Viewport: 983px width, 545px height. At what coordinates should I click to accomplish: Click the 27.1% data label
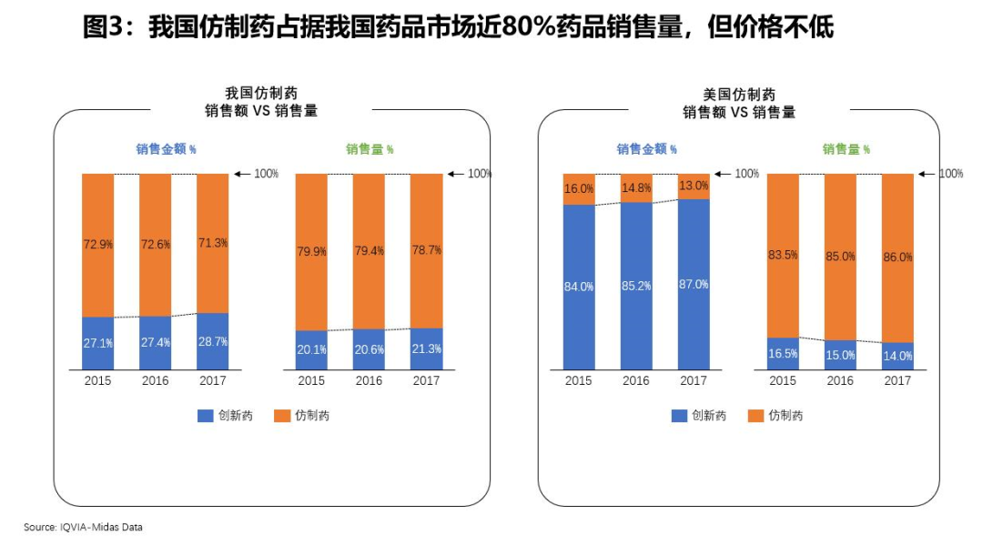point(98,343)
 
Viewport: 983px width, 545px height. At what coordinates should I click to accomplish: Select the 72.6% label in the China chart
point(156,244)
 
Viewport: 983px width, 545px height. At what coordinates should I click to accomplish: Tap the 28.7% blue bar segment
point(213,342)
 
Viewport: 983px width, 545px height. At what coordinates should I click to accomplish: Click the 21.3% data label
point(426,349)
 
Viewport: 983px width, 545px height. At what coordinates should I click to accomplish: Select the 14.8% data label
point(636,188)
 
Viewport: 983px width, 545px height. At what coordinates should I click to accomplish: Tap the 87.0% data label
point(694,285)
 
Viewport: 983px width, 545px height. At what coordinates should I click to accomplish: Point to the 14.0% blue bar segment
point(897,356)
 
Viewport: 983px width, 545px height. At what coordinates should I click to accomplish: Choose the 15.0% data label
point(840,355)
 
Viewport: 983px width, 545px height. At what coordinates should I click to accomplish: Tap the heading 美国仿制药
point(739,94)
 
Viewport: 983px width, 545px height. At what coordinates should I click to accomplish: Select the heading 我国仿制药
point(260,94)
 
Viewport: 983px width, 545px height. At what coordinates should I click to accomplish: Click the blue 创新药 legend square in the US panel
point(679,416)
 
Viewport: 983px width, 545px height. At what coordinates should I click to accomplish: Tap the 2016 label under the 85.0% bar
point(840,381)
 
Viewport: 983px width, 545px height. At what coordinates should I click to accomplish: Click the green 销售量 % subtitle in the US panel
point(846,150)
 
